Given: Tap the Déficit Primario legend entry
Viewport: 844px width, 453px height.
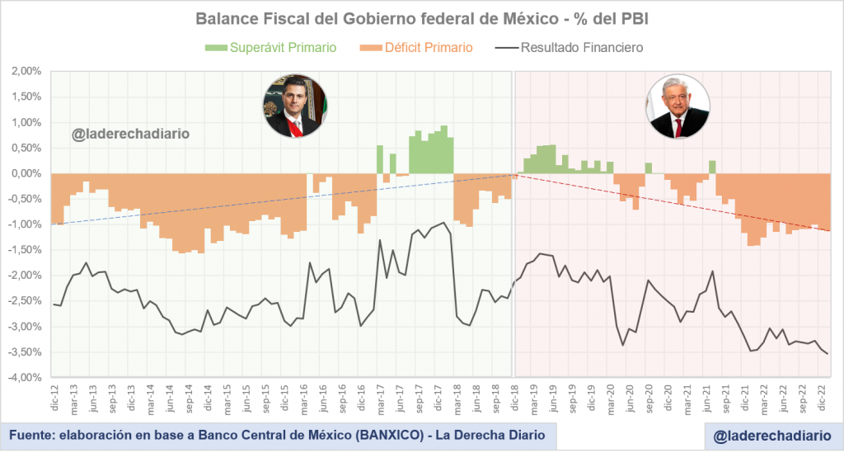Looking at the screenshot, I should click(x=429, y=47).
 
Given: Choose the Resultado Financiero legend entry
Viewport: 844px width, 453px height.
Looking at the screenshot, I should click(x=582, y=47).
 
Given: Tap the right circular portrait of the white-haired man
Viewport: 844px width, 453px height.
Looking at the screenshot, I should click(x=678, y=105).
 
